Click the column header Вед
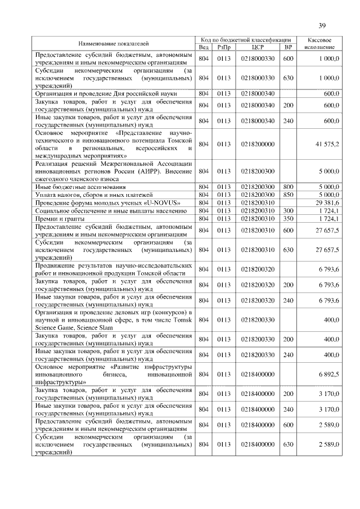[x=204, y=47]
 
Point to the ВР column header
[x=288, y=47]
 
